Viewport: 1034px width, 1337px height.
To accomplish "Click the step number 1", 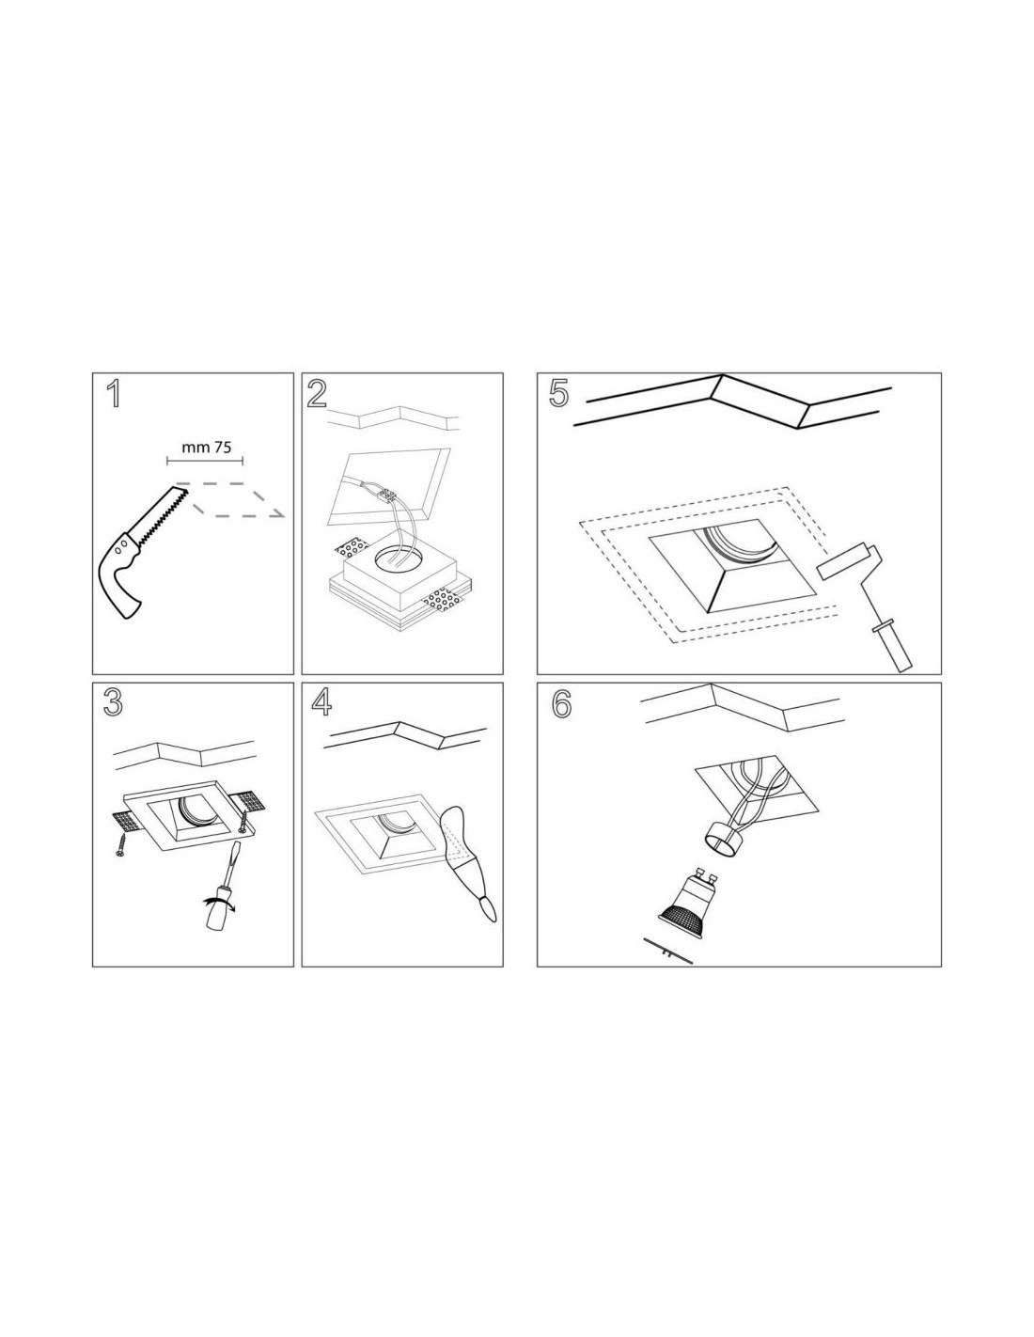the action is click(113, 394).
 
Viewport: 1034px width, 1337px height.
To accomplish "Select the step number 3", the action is click(113, 702).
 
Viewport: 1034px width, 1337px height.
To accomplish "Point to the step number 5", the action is click(558, 394).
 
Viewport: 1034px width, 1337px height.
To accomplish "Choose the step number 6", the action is click(561, 705).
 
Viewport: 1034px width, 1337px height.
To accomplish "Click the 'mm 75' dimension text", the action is click(207, 448).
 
